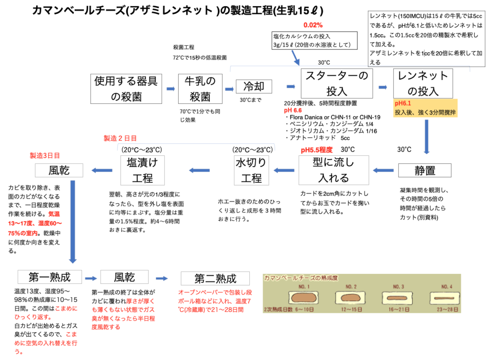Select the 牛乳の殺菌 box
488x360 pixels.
(200, 89)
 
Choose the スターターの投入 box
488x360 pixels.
(336, 83)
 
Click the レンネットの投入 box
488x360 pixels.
(423, 83)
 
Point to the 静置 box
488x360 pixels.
(424, 170)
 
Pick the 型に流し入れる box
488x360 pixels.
(334, 170)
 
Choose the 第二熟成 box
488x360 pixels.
(215, 278)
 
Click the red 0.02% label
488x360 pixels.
(313, 25)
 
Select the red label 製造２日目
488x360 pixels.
(120, 138)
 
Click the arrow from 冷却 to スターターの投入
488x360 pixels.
(290, 87)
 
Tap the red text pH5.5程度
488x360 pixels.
(316, 150)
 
